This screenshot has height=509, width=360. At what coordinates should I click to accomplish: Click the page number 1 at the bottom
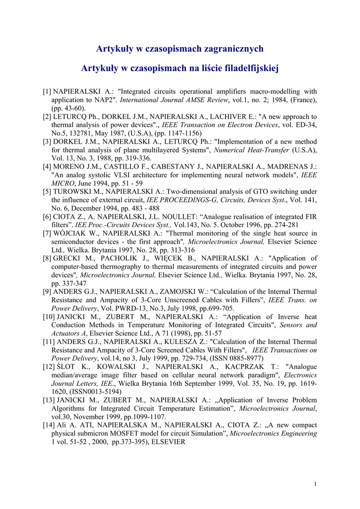[x=316, y=484]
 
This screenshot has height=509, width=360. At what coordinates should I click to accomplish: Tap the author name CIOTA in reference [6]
[x=64, y=217]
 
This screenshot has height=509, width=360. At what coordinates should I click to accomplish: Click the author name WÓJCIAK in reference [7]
[x=70, y=233]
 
